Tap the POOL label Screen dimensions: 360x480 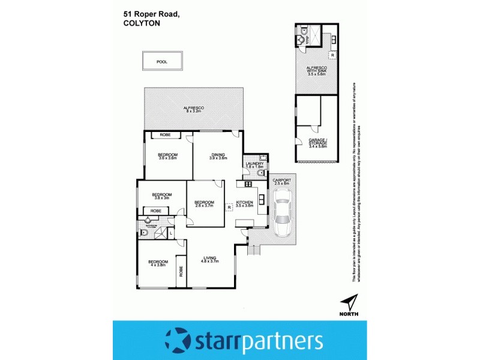click(161, 62)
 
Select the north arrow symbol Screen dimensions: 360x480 click(349, 302)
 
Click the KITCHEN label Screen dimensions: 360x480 click(245, 203)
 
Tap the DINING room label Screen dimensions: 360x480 click(218, 155)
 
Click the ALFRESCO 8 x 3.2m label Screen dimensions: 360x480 click(194, 109)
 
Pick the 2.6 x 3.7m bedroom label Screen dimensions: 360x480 click(205, 204)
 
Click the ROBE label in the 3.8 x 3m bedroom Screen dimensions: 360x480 click(156, 211)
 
